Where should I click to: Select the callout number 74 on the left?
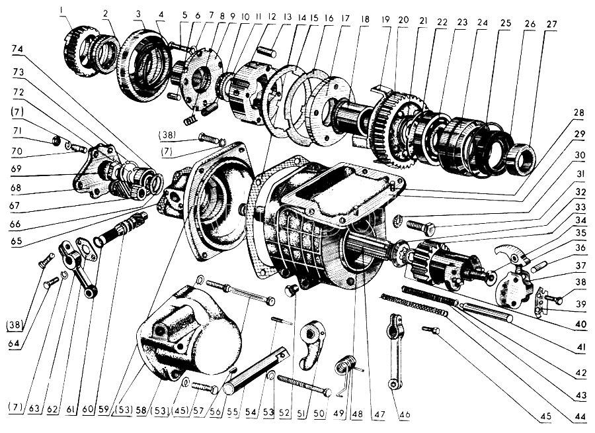(18, 49)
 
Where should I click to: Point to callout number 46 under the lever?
(405, 414)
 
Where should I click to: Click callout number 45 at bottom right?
(545, 416)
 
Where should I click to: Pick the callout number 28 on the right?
(579, 113)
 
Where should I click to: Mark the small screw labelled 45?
(430, 330)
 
